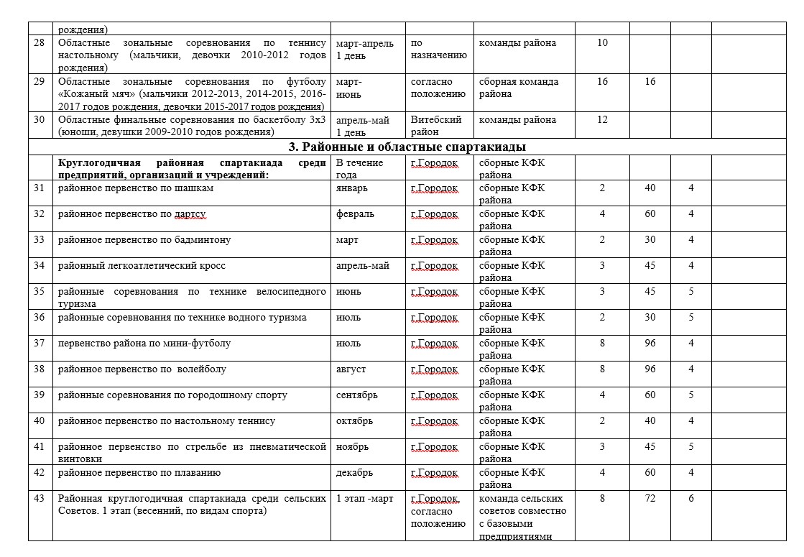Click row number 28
[x=40, y=43]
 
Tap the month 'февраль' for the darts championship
[x=355, y=214]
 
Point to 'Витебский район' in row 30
[x=436, y=126]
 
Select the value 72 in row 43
[x=650, y=499]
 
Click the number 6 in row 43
[x=690, y=499]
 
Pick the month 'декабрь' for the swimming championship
[x=354, y=473]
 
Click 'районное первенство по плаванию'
[x=139, y=473]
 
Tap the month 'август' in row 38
[x=351, y=369]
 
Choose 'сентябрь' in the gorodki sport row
[x=356, y=395]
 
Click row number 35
[x=40, y=292]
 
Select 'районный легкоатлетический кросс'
[x=142, y=266]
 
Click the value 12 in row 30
[x=602, y=120]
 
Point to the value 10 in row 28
[x=602, y=43]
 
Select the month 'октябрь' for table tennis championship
[x=355, y=421]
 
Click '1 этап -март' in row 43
[x=364, y=499]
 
